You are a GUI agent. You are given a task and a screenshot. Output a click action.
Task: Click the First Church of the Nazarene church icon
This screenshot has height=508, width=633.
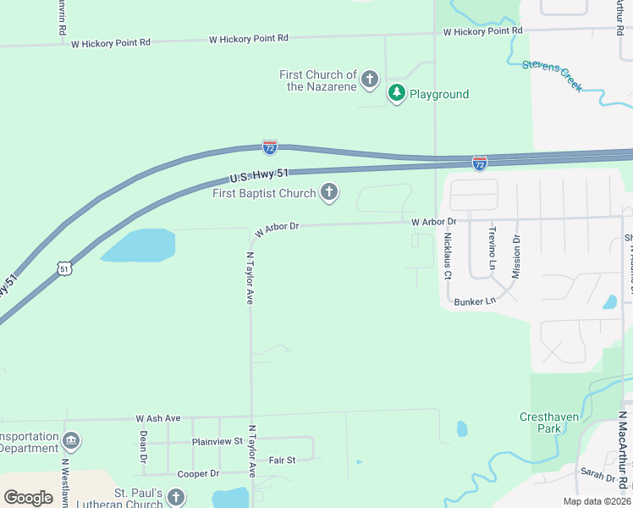[x=369, y=80]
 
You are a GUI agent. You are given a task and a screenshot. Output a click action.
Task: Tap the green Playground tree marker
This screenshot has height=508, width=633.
[x=396, y=93]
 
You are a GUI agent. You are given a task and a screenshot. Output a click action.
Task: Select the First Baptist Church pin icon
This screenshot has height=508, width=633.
[x=328, y=194]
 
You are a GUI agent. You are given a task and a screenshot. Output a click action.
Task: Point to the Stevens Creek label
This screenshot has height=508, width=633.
[x=552, y=75]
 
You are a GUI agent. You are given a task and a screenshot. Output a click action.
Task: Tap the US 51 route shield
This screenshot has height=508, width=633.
[x=64, y=268]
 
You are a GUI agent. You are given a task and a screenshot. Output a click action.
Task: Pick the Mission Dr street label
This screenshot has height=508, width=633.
[x=516, y=256]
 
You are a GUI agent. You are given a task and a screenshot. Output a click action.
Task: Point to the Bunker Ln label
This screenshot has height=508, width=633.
[x=474, y=301]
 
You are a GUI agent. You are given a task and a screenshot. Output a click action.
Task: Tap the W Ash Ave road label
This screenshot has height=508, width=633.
[x=158, y=418]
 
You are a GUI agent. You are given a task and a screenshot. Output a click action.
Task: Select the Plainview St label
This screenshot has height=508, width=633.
[x=217, y=441]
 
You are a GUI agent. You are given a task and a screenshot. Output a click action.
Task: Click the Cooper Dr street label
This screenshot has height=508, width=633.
[x=198, y=473]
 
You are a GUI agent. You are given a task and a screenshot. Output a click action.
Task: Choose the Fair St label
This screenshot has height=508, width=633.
[x=282, y=460]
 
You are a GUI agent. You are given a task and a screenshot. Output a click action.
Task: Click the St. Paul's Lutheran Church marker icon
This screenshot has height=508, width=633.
[x=175, y=497]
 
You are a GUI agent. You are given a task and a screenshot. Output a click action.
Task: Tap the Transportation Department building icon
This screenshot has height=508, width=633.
[x=71, y=441]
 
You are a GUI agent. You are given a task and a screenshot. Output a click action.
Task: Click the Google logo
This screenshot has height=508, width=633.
[x=28, y=498]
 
